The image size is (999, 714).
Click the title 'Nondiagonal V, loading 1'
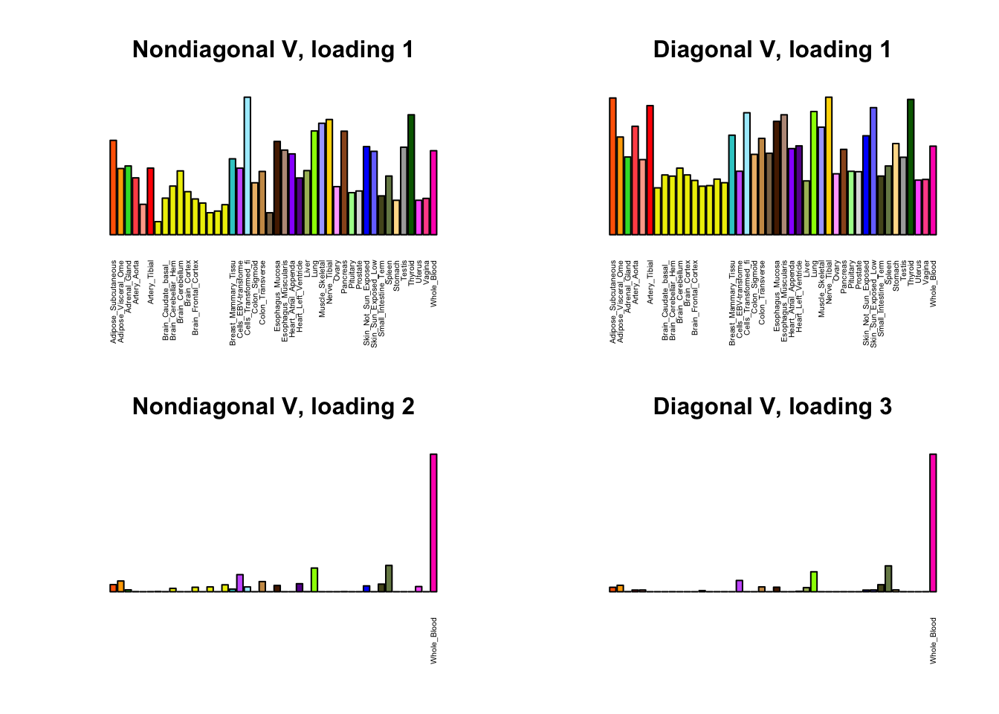tap(273, 50)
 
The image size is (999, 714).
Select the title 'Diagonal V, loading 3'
tap(772, 407)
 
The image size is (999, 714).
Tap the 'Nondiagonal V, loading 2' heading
tap(273, 407)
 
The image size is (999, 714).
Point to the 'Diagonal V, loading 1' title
tap(772, 50)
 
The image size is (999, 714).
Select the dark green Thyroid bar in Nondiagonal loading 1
tap(411, 174)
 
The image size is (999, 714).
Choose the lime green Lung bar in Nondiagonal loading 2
tap(314, 579)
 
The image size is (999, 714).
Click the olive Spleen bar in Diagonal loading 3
tap(888, 578)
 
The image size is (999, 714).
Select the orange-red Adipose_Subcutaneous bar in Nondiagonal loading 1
tap(113, 187)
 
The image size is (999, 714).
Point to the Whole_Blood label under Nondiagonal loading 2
tap(434, 640)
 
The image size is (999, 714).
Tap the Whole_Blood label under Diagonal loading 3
tap(934, 640)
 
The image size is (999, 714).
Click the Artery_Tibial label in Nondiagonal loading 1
tap(151, 283)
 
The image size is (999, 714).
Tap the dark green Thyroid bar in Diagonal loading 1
tap(911, 167)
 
